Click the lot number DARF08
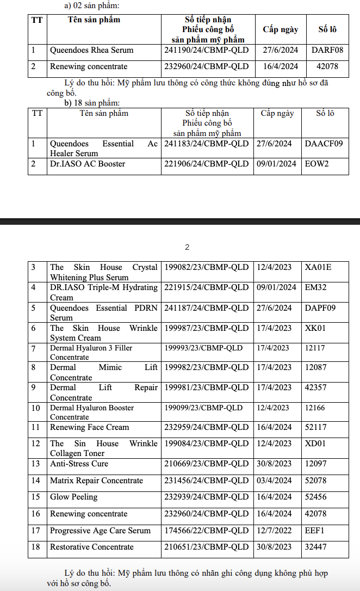[x=327, y=51]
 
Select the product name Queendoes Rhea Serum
[x=91, y=51]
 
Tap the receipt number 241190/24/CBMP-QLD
[x=206, y=51]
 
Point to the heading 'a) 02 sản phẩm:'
[x=91, y=6]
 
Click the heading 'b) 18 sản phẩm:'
[x=92, y=102]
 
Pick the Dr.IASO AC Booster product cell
[x=88, y=164]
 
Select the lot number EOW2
[x=317, y=164]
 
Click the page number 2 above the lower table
[x=187, y=247]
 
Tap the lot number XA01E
[x=318, y=267]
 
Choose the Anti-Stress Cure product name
[x=79, y=464]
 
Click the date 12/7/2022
[x=274, y=531]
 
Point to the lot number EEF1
[x=315, y=531]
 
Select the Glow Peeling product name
[x=73, y=497]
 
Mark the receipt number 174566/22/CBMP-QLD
[x=206, y=531]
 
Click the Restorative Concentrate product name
[x=91, y=547]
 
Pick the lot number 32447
[x=316, y=547]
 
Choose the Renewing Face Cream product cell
[x=90, y=427]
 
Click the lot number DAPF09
[x=320, y=308]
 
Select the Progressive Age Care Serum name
[x=100, y=531]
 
